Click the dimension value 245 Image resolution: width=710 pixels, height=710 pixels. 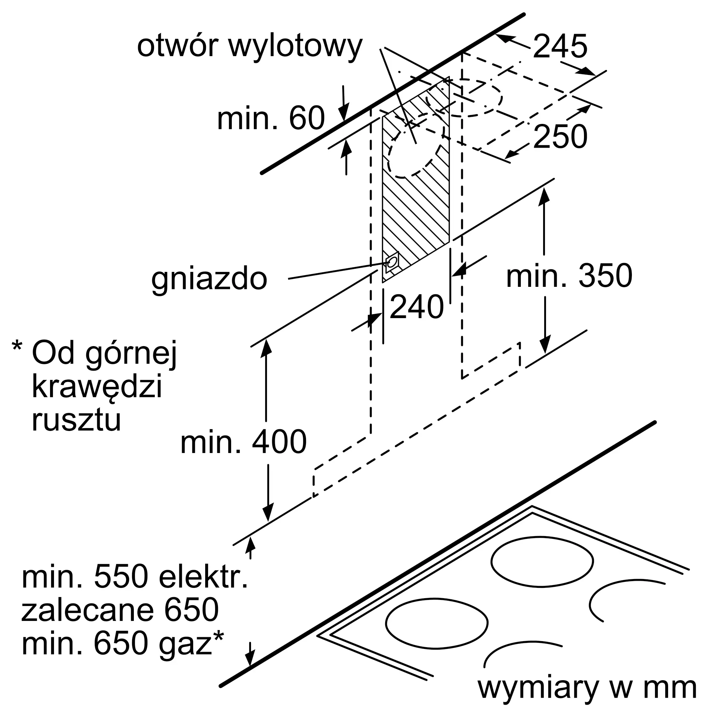click(x=560, y=47)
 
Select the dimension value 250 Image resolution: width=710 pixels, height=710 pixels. click(x=560, y=137)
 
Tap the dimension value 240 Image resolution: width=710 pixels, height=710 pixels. click(x=416, y=307)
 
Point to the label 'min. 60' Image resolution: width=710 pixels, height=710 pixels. click(x=271, y=118)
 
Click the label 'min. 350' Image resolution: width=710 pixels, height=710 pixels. click(x=569, y=276)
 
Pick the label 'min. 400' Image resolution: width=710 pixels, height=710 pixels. click(x=243, y=442)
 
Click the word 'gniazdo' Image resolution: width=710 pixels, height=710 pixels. click(x=209, y=279)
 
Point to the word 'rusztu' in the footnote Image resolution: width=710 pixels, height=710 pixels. click(x=76, y=420)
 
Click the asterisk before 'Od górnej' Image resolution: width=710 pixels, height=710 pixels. click(x=17, y=347)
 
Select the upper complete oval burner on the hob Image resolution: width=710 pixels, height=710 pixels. click(x=542, y=562)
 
